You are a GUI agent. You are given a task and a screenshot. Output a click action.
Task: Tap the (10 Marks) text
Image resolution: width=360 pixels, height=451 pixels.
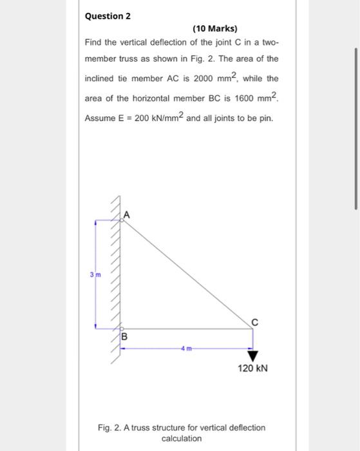pos(215,29)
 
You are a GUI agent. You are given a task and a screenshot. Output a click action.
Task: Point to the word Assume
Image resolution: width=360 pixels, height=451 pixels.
pos(100,119)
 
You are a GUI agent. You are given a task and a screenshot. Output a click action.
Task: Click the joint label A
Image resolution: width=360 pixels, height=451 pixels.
pos(127,215)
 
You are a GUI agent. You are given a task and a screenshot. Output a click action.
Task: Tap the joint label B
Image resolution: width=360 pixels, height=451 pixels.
pos(124,336)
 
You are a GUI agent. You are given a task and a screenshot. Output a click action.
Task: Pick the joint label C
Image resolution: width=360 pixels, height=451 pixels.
pos(254,320)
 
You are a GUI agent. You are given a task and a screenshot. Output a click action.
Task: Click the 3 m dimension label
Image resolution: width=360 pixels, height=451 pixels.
pos(95,275)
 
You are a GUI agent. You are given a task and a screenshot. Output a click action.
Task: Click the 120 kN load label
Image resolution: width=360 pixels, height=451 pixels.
pos(252,369)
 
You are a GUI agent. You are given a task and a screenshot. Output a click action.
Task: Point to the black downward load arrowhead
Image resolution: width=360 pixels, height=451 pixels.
pos(252,354)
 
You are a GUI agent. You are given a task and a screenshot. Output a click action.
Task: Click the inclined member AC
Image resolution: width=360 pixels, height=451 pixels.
pos(187,274)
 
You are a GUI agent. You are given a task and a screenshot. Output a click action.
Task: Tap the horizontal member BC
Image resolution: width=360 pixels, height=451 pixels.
pos(187,329)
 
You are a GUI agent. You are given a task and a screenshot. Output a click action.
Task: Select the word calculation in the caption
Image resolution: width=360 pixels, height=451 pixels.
pos(181,438)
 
